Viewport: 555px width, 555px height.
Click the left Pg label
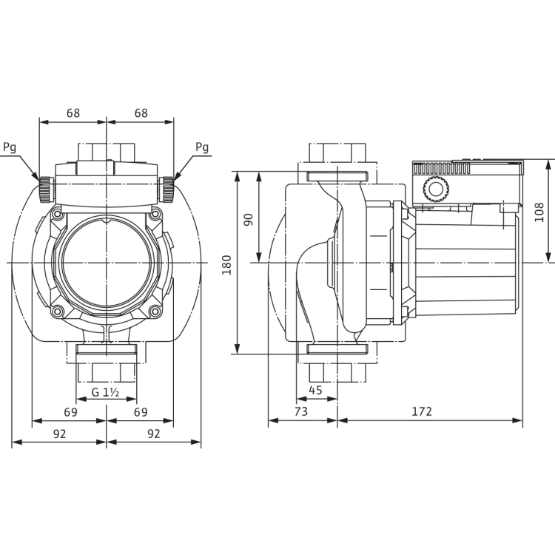10,147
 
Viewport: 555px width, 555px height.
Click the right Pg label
202,147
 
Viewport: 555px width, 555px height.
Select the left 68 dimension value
73,113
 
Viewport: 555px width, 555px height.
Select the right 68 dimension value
141,113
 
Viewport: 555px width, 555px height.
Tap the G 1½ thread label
105,392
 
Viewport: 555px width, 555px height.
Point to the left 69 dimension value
70,412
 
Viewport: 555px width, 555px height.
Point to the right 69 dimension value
141,412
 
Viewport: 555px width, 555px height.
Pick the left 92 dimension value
59,434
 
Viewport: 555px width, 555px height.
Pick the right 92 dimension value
154,434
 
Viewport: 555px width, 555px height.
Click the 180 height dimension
226,265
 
